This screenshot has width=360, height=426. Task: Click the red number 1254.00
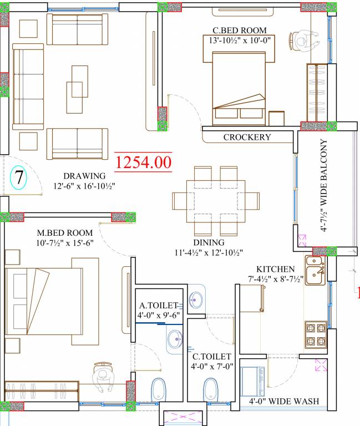143,161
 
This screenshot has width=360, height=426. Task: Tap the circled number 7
18,177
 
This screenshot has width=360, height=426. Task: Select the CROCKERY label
247,137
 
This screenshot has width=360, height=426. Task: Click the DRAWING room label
84,176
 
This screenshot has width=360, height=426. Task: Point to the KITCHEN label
276,269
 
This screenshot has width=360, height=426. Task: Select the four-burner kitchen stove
316,334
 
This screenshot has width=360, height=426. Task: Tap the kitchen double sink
315,270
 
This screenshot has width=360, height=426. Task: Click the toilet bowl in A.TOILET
159,389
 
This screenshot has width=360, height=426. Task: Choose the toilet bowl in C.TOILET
211,389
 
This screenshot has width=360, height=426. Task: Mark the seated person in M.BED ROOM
103,377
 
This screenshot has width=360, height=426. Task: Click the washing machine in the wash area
252,382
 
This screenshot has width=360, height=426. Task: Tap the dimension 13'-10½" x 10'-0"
240,40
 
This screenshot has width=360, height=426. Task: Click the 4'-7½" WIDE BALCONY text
323,185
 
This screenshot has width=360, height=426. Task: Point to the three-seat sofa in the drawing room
28,87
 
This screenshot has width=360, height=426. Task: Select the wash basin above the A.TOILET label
196,300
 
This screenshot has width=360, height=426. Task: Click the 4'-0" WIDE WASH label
284,401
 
